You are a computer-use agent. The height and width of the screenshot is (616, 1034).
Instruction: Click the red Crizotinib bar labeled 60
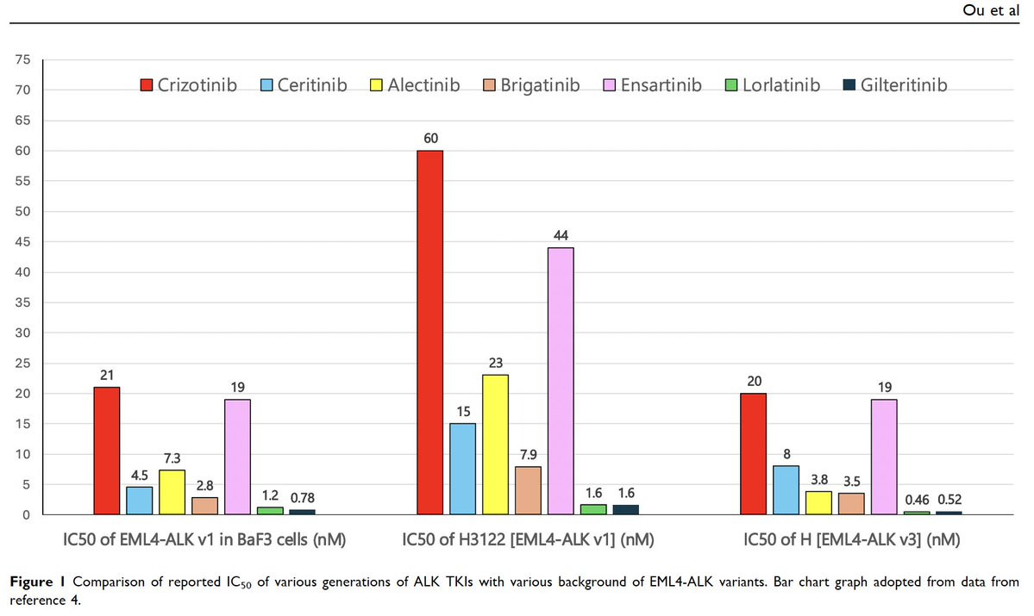[429, 333]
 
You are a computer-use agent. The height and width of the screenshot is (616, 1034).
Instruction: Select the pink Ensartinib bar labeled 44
[561, 381]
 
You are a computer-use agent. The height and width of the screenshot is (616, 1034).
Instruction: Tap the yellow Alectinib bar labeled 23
[495, 445]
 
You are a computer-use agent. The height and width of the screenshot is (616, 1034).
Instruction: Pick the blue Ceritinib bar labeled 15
[462, 469]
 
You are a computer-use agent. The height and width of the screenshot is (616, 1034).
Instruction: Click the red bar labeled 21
[106, 451]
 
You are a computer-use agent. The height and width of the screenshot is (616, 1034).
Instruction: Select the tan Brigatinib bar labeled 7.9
[528, 490]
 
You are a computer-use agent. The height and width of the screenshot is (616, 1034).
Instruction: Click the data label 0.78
[302, 498]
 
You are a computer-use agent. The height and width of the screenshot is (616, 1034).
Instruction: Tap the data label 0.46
[916, 499]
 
